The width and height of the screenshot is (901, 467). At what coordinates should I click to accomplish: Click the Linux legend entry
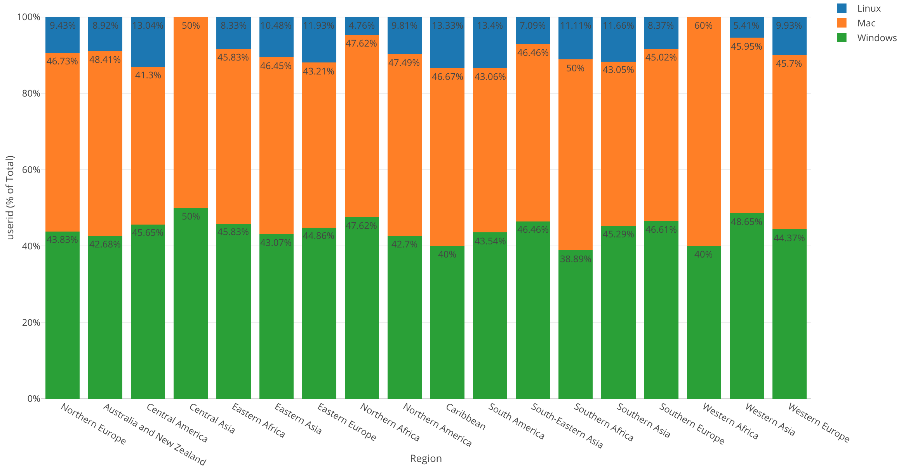(869, 9)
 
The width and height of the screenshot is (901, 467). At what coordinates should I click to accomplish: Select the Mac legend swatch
(842, 23)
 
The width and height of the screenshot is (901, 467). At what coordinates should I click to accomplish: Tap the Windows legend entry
(877, 38)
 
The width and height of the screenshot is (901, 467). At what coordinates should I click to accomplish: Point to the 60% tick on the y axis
(31, 170)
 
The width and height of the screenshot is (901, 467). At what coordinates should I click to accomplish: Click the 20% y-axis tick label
(31, 323)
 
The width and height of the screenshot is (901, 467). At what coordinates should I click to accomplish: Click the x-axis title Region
(426, 458)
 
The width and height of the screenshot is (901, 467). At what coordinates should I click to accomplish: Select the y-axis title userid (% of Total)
(10, 198)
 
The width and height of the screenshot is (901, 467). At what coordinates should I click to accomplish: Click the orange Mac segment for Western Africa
(704, 132)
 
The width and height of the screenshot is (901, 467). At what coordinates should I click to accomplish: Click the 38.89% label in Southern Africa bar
(576, 259)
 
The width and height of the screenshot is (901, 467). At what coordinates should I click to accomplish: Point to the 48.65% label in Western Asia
(746, 222)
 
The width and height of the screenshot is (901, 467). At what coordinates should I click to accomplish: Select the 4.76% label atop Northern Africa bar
(362, 26)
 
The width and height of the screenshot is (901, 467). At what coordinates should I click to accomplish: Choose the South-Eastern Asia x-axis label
(567, 426)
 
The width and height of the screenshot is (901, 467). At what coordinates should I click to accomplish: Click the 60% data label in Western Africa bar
(704, 26)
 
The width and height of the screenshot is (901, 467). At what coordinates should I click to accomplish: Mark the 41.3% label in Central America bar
(148, 75)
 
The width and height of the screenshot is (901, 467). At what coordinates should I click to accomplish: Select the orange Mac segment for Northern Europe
(63, 144)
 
